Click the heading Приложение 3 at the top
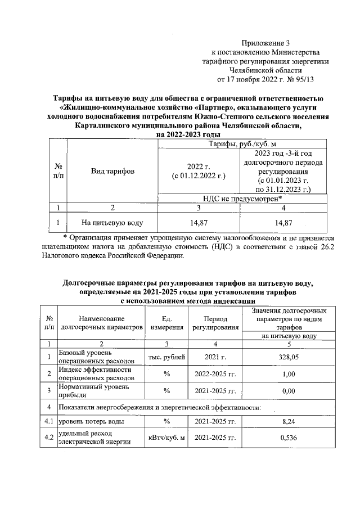267,43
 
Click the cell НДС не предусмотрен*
242,197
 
